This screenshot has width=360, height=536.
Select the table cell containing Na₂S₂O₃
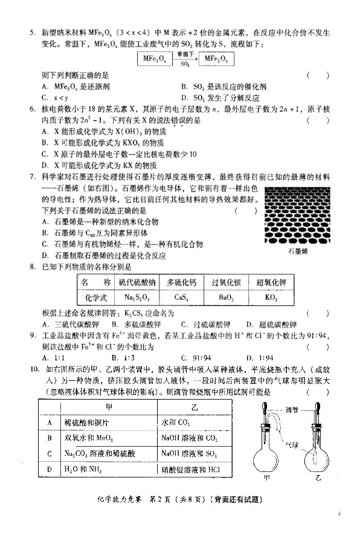point(139,297)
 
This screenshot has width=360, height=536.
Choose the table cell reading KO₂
point(272,297)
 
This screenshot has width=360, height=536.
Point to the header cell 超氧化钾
point(272,282)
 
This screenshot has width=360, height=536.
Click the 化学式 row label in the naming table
point(96,297)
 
